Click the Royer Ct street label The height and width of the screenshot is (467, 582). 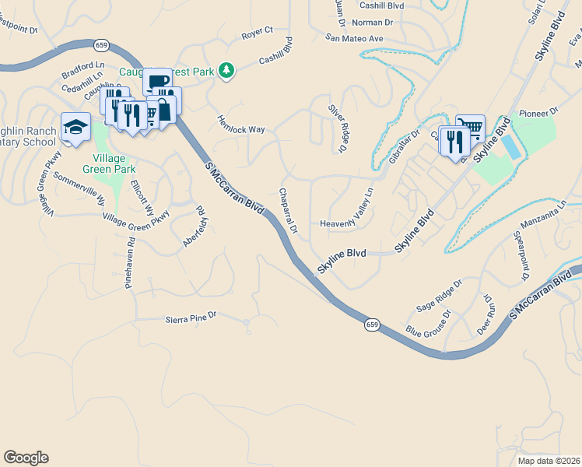tap(257, 32)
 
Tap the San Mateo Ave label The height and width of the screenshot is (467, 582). tap(355, 38)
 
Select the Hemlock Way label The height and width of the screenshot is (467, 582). tap(241, 129)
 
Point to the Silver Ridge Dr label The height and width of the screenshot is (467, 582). tap(336, 127)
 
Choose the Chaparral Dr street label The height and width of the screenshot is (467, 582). tap(289, 210)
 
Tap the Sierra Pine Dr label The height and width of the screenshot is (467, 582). tap(190, 318)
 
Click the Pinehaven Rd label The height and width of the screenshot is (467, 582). tap(131, 264)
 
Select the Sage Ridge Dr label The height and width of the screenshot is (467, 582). tap(438, 297)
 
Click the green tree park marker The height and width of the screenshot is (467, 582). tap(226, 71)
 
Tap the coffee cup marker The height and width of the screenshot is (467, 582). tap(157, 81)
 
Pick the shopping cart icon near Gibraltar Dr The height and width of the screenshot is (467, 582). tap(470, 127)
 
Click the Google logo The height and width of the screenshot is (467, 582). tap(26, 458)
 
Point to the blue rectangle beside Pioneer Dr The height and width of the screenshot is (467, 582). tap(509, 146)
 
